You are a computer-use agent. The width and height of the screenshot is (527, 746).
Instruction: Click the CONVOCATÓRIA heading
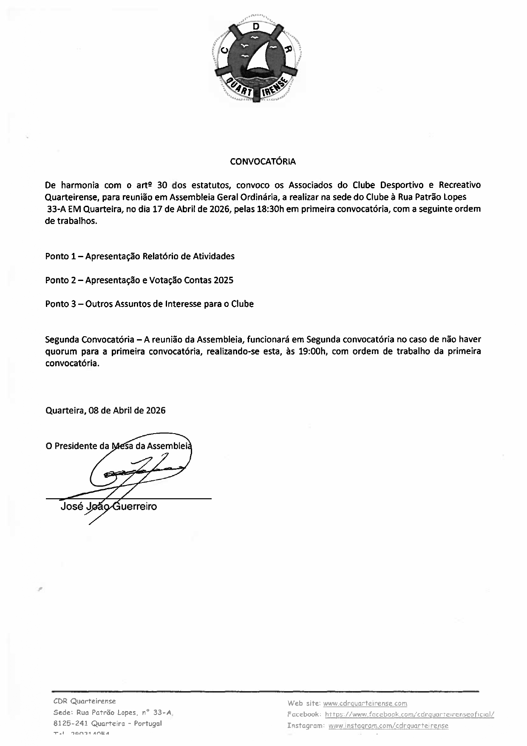pyautogui.click(x=263, y=162)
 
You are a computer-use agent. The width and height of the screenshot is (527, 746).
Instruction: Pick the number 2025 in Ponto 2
pyautogui.click(x=224, y=280)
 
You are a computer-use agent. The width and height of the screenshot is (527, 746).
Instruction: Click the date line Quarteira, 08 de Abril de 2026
pyautogui.click(x=105, y=410)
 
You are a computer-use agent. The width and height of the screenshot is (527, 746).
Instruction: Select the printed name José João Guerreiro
pyautogui.click(x=109, y=506)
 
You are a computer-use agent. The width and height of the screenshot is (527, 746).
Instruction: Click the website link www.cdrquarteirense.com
pyautogui.click(x=365, y=703)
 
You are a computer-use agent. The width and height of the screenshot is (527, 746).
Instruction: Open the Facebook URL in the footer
pyautogui.click(x=409, y=715)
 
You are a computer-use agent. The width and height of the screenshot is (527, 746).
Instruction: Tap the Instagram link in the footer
pyautogui.click(x=388, y=726)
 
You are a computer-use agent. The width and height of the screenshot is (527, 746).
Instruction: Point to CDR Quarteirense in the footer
pyautogui.click(x=85, y=701)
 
